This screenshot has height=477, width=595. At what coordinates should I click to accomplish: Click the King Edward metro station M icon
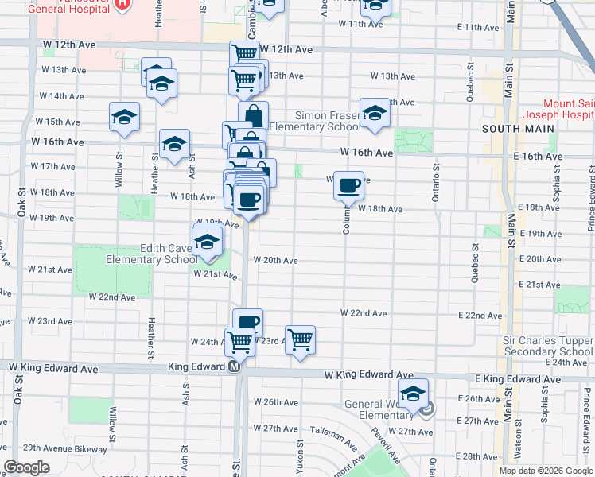click(234, 367)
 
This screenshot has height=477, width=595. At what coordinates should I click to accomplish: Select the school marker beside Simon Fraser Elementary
click(375, 114)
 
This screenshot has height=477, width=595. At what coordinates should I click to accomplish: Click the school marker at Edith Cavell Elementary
click(208, 242)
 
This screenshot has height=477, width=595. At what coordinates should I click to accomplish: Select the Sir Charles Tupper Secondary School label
click(547, 346)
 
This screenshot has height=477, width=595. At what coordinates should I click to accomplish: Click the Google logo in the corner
click(26, 467)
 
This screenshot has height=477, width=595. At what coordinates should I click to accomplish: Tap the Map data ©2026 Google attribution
click(545, 471)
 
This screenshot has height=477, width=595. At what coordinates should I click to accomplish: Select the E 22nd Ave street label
click(481, 316)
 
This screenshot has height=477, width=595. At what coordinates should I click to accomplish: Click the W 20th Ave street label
click(275, 260)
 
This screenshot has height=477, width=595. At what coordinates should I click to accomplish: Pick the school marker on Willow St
click(124, 118)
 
